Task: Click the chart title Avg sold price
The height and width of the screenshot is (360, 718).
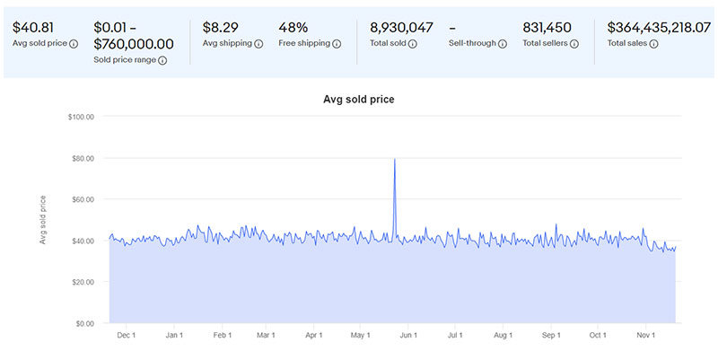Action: pyautogui.click(x=358, y=99)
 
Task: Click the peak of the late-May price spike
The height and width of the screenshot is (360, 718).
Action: pyautogui.click(x=395, y=159)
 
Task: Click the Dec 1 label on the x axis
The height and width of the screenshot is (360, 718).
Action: pyautogui.click(x=127, y=336)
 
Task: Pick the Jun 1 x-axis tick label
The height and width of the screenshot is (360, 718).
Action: pyautogui.click(x=408, y=336)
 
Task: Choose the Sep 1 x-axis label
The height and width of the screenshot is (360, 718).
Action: pyautogui.click(x=551, y=336)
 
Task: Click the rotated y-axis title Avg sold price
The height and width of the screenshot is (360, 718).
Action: pyautogui.click(x=42, y=219)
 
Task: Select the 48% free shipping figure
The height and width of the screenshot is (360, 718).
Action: pyautogui.click(x=293, y=27)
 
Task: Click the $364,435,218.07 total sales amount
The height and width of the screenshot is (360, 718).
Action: pyautogui.click(x=659, y=27)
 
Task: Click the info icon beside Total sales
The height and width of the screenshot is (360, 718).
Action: pyautogui.click(x=654, y=43)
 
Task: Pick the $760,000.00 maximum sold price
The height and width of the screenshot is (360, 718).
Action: pyautogui.click(x=135, y=43)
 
